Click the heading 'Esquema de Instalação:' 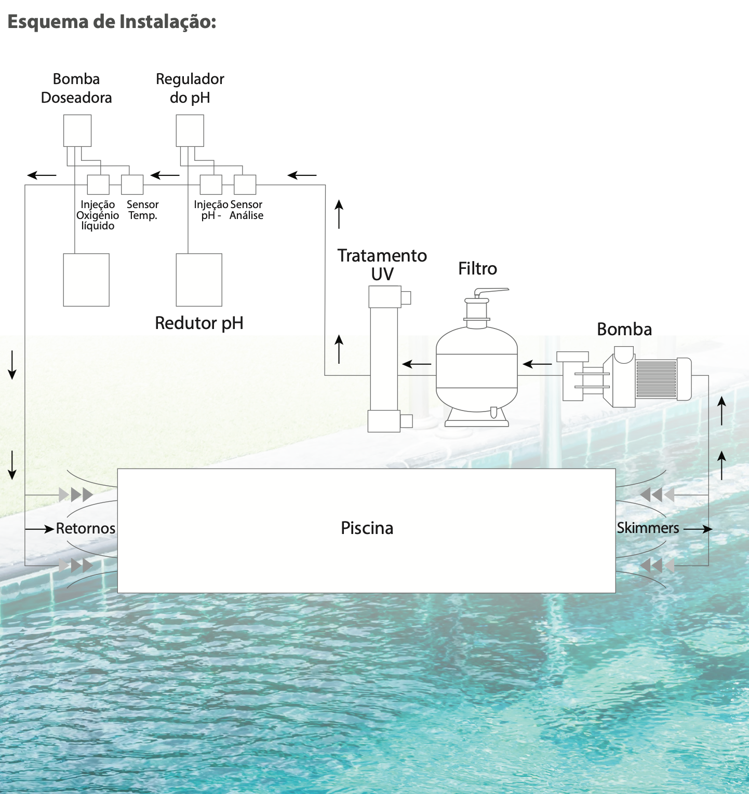112,22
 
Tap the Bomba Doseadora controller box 77,131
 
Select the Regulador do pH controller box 190,131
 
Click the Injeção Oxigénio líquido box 98,184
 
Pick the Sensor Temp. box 132,184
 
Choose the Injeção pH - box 211,184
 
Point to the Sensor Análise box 245,184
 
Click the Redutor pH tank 199,280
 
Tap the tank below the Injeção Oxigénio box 86,280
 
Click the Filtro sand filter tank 476,368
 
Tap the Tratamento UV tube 384,358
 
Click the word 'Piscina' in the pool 367,528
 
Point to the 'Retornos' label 86,528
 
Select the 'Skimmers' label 648,528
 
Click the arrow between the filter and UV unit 417,364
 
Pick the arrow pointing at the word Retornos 40,529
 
